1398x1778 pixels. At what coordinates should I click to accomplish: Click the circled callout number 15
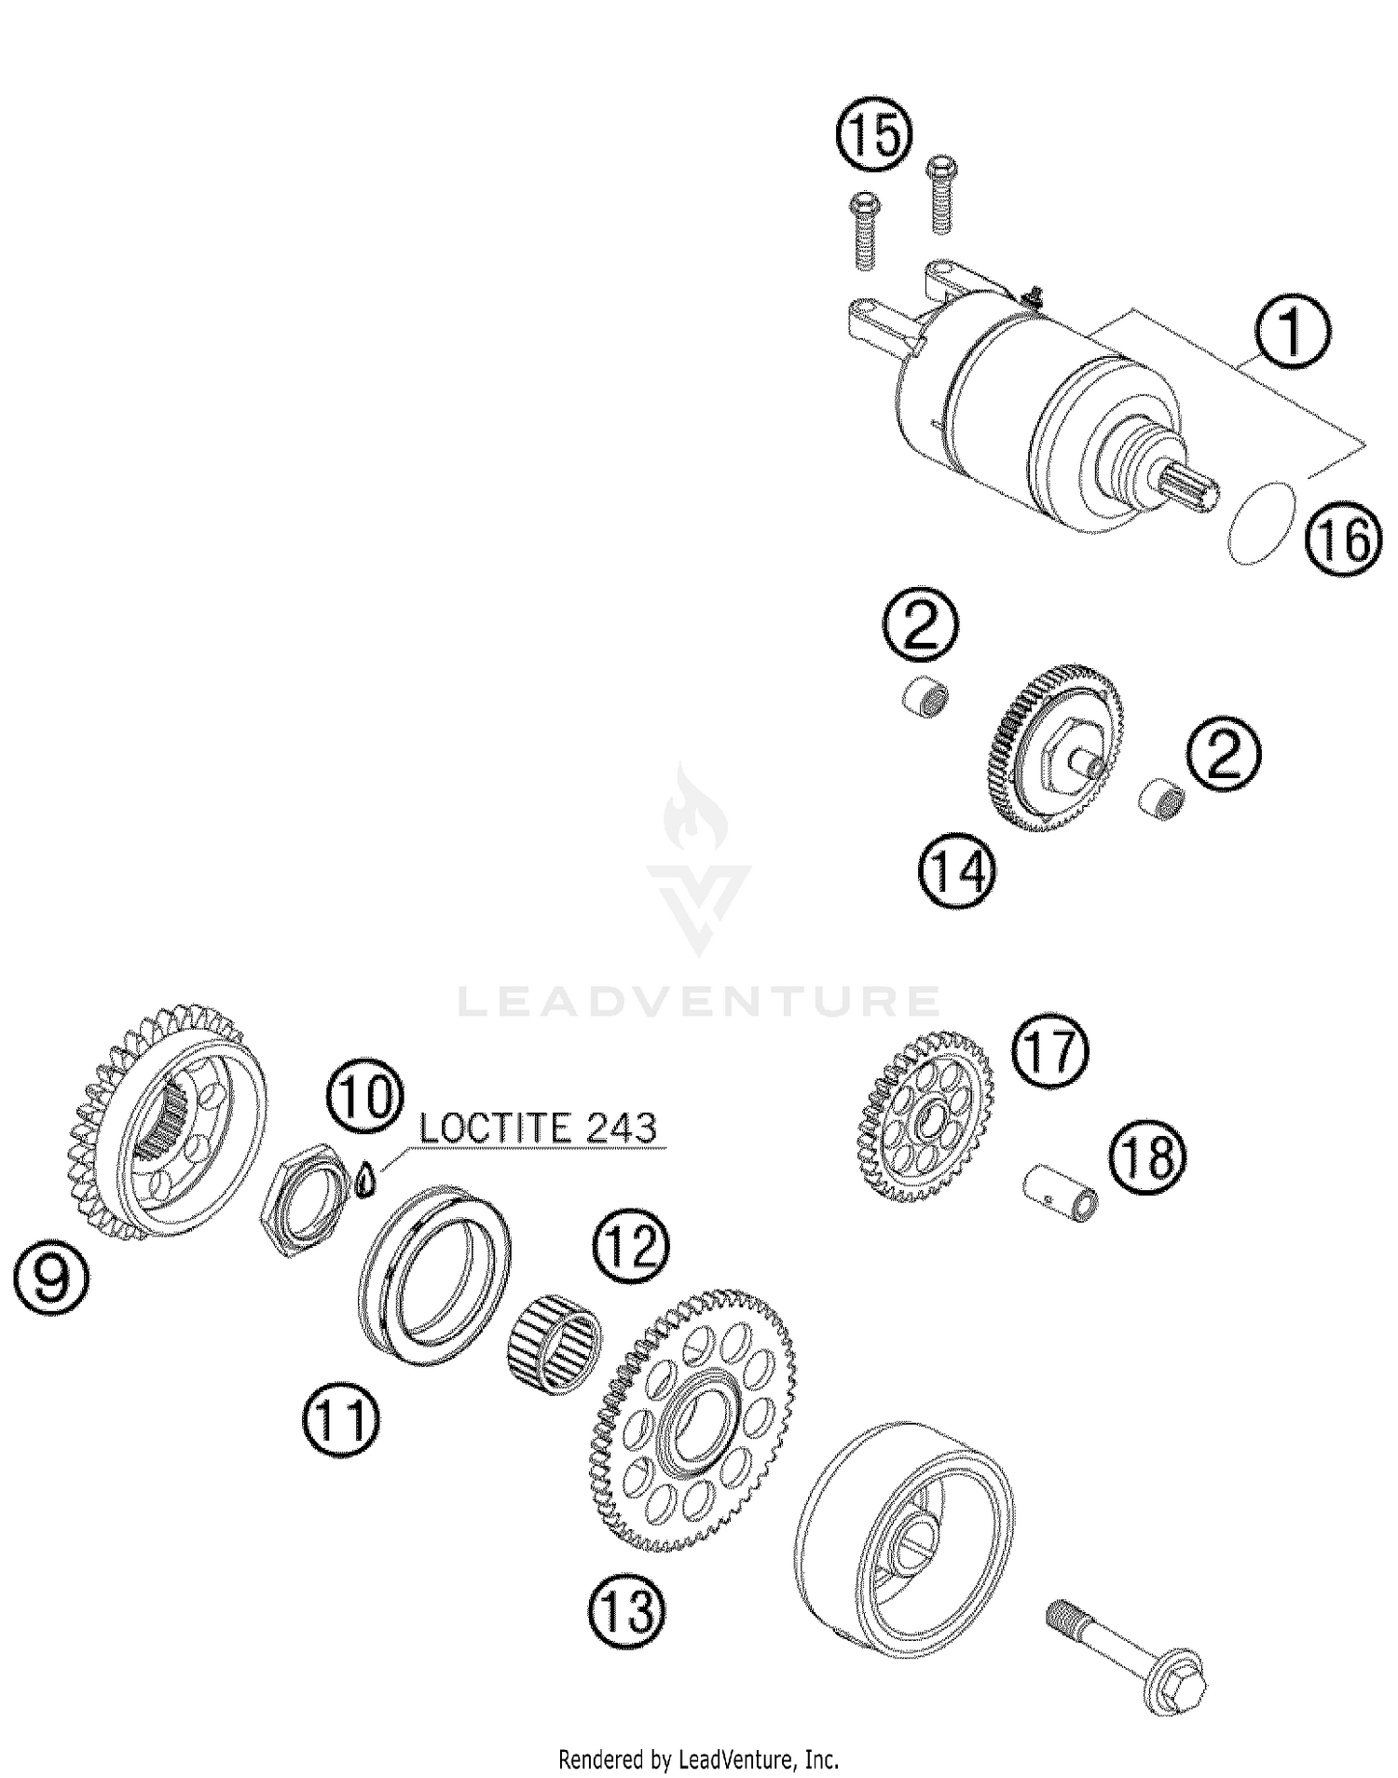(873, 136)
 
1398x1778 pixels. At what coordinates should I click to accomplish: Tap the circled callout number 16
(1343, 538)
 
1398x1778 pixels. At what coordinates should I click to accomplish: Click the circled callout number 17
(1050, 1050)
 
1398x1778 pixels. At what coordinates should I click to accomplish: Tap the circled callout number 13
(627, 1609)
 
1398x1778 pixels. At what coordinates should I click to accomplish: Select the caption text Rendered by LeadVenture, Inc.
(699, 1759)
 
